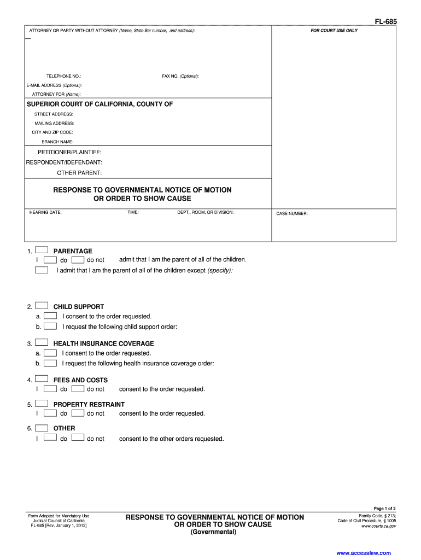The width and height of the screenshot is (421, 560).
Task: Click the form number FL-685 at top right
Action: pyautogui.click(x=385, y=22)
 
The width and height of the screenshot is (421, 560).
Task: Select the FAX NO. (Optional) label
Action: pyautogui.click(x=180, y=76)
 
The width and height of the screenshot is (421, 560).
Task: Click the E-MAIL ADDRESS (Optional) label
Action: pyautogui.click(x=54, y=85)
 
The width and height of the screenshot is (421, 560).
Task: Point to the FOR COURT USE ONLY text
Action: pyautogui.click(x=334, y=31)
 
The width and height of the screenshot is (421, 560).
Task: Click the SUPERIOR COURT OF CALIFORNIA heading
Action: pyautogui.click(x=100, y=104)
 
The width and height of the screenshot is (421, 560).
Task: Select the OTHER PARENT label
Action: pyautogui.click(x=80, y=173)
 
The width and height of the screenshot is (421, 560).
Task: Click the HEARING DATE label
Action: pyautogui.click(x=45, y=212)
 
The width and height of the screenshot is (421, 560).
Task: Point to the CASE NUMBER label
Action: pyautogui.click(x=292, y=214)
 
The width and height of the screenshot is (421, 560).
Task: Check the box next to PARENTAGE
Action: pyautogui.click(x=42, y=250)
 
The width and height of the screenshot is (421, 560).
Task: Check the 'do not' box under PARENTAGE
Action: pyautogui.click(x=78, y=260)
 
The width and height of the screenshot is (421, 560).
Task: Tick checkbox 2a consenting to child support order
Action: pyautogui.click(x=50, y=316)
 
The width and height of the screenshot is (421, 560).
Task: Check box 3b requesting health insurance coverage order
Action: pyautogui.click(x=50, y=363)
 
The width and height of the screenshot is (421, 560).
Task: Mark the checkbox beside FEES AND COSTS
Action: pyautogui.click(x=42, y=380)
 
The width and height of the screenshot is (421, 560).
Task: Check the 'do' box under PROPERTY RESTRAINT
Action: pyautogui.click(x=50, y=413)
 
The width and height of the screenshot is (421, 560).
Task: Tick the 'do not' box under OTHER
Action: pyautogui.click(x=78, y=438)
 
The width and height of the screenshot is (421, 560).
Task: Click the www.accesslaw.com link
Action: pyautogui.click(x=364, y=553)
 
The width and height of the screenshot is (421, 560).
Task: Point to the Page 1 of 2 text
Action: pyautogui.click(x=385, y=509)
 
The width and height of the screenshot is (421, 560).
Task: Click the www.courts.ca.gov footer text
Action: pyautogui.click(x=379, y=526)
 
